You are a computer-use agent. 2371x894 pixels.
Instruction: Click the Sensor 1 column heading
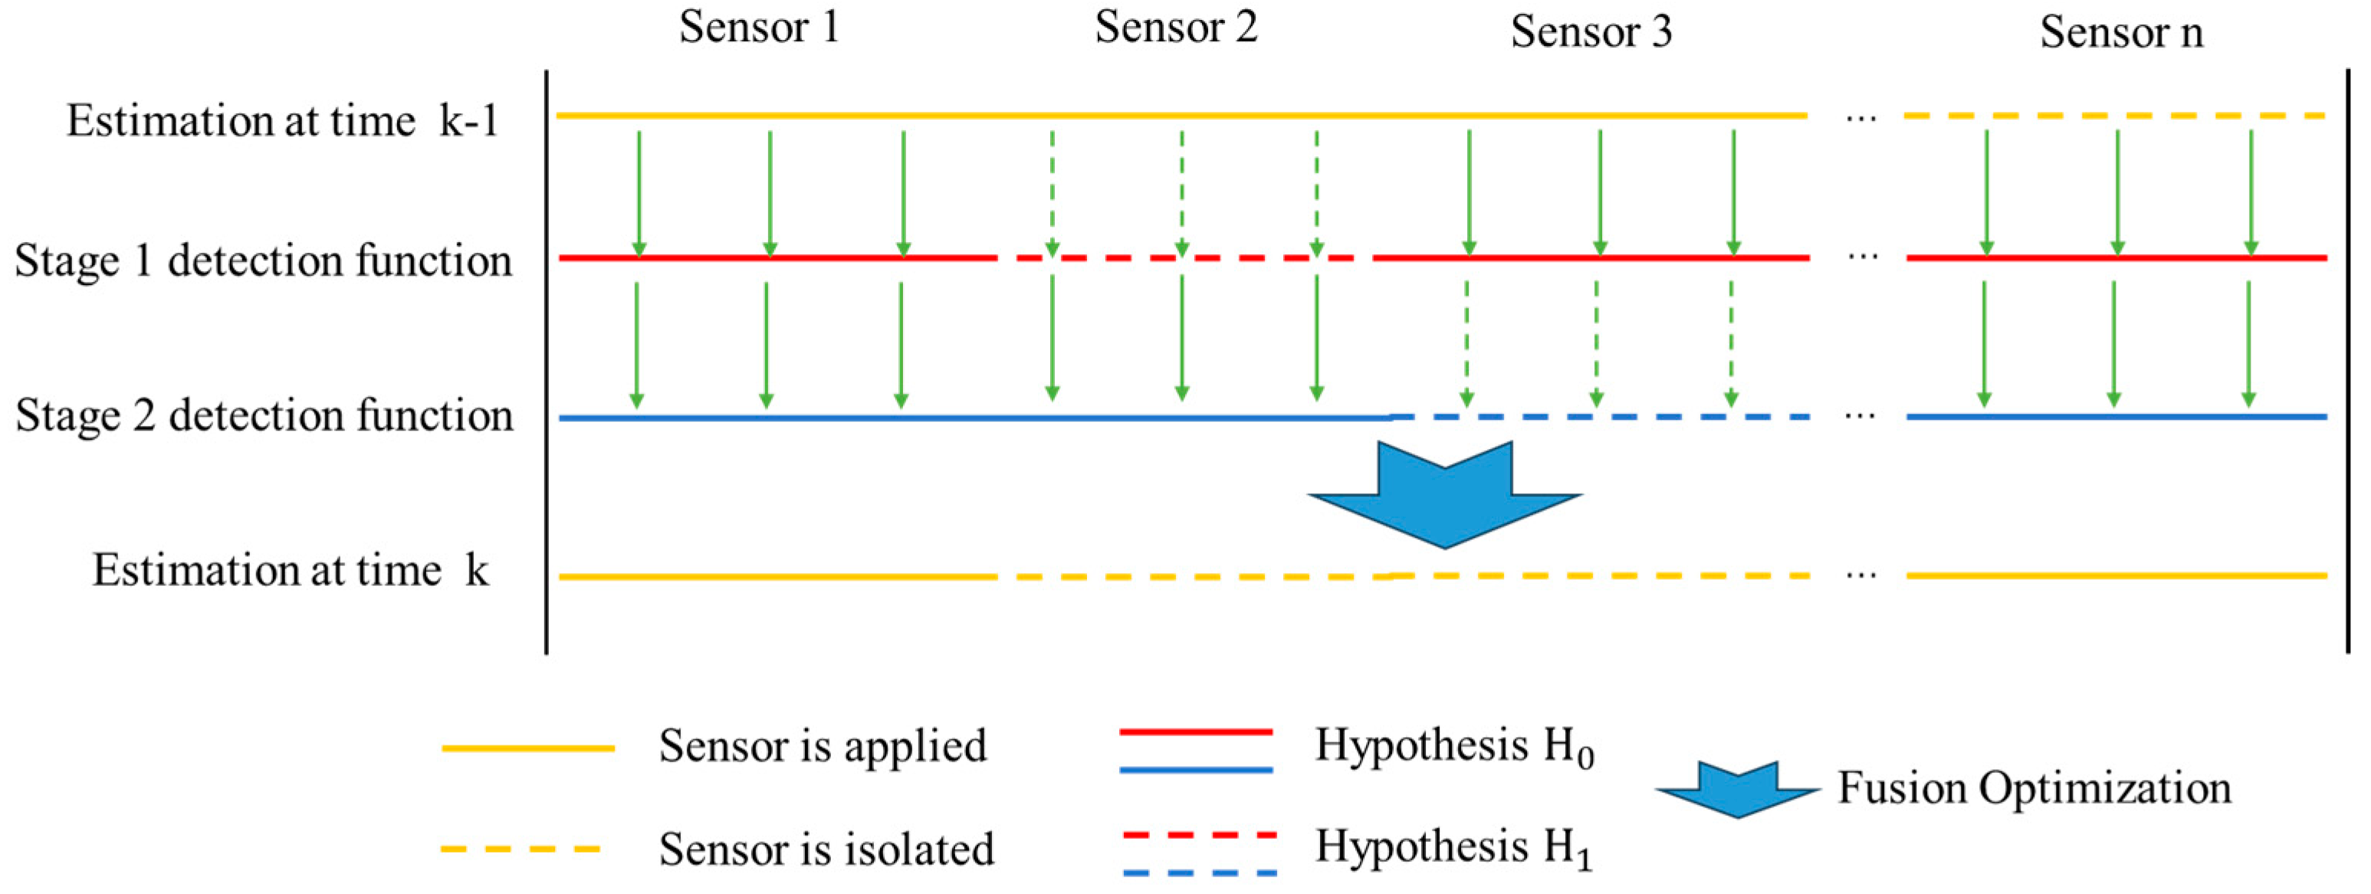(x=760, y=28)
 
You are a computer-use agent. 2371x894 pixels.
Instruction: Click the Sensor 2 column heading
(x=1175, y=28)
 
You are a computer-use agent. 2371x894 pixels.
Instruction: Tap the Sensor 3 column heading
(x=1591, y=32)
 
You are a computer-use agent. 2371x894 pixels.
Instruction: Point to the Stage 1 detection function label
(x=263, y=261)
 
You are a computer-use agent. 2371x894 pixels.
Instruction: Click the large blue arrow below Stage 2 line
(x=1444, y=496)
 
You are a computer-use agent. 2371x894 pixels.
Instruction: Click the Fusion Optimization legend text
(x=2034, y=789)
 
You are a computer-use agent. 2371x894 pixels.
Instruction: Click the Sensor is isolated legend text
(x=826, y=849)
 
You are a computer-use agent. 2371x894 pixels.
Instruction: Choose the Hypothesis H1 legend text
(x=1453, y=848)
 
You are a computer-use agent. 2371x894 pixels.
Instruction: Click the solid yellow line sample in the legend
(x=527, y=748)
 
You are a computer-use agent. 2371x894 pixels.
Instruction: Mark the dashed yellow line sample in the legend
(x=522, y=849)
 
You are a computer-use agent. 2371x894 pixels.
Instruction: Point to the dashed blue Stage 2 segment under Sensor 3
(x=1601, y=417)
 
